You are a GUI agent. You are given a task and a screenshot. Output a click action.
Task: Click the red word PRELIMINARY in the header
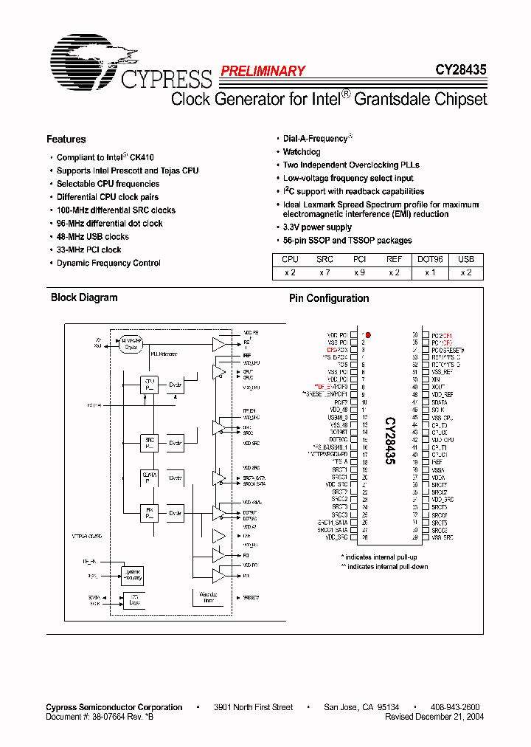[x=263, y=72]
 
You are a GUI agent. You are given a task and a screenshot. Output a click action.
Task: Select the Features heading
[x=66, y=140]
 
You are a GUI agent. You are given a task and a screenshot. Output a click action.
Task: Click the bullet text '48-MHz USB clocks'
[x=92, y=237]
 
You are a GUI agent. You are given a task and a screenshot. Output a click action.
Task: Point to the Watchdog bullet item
[x=302, y=152]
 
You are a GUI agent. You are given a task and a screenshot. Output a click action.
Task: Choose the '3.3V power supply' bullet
[x=317, y=227]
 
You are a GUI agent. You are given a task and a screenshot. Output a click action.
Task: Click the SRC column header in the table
[x=324, y=260]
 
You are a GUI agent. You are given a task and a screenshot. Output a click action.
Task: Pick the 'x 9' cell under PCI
[x=359, y=273]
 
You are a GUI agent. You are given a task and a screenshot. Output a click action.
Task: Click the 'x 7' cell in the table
[x=324, y=273]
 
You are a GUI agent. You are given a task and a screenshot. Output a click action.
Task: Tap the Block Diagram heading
[x=83, y=297]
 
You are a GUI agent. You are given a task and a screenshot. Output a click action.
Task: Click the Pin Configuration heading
[x=328, y=298]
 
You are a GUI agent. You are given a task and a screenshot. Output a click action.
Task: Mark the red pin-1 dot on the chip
[x=368, y=334]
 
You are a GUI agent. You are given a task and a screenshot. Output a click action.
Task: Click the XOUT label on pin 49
[x=439, y=387]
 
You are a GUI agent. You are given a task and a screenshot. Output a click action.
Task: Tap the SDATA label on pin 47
[x=440, y=402]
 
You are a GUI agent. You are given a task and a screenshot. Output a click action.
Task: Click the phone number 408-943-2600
[x=455, y=707]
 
